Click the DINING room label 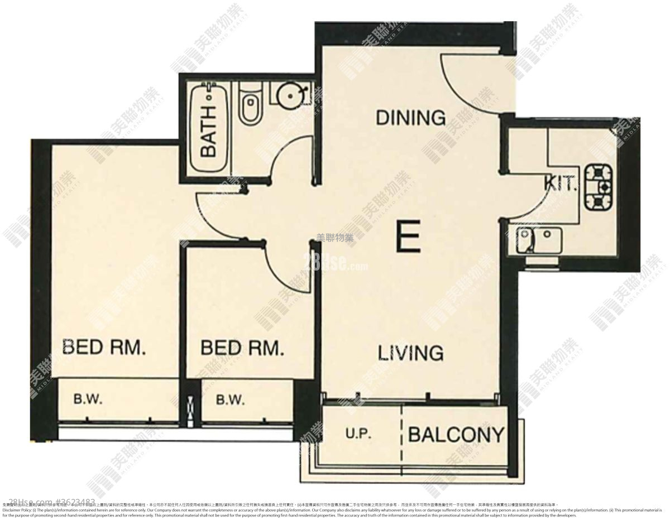coord(410,118)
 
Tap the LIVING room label coord(410,353)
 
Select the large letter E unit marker coord(408,237)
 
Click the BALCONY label coord(456,434)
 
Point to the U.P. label coord(358,434)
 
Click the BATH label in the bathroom coord(208,132)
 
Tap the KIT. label coord(561,184)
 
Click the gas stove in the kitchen coord(599,186)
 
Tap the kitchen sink coord(539,240)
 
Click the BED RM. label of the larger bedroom coord(104,348)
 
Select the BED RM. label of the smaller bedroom coord(242,349)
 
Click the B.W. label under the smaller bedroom coord(229,399)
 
